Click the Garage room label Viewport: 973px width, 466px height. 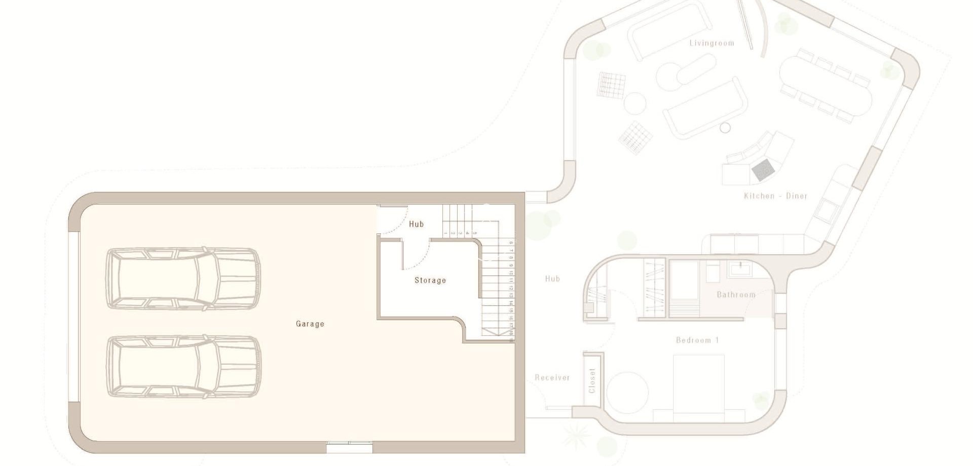(310, 324)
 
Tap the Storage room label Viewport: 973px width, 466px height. (430, 280)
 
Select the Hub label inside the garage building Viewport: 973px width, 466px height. (416, 224)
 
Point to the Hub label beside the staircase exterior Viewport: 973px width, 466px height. (552, 279)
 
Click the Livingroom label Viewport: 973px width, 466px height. (712, 43)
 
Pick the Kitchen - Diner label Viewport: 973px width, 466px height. (775, 196)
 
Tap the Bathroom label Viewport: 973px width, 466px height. (736, 294)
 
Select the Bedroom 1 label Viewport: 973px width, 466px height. (697, 340)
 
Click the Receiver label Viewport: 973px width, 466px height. (552, 377)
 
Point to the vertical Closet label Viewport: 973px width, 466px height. (592, 380)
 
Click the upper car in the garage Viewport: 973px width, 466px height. (183, 279)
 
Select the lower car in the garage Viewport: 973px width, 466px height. (183, 366)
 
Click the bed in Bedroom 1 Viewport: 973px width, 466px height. (698, 387)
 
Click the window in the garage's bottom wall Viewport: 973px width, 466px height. (349, 447)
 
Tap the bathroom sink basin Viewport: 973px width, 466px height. (741, 268)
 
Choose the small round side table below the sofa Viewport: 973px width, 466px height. (725, 127)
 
